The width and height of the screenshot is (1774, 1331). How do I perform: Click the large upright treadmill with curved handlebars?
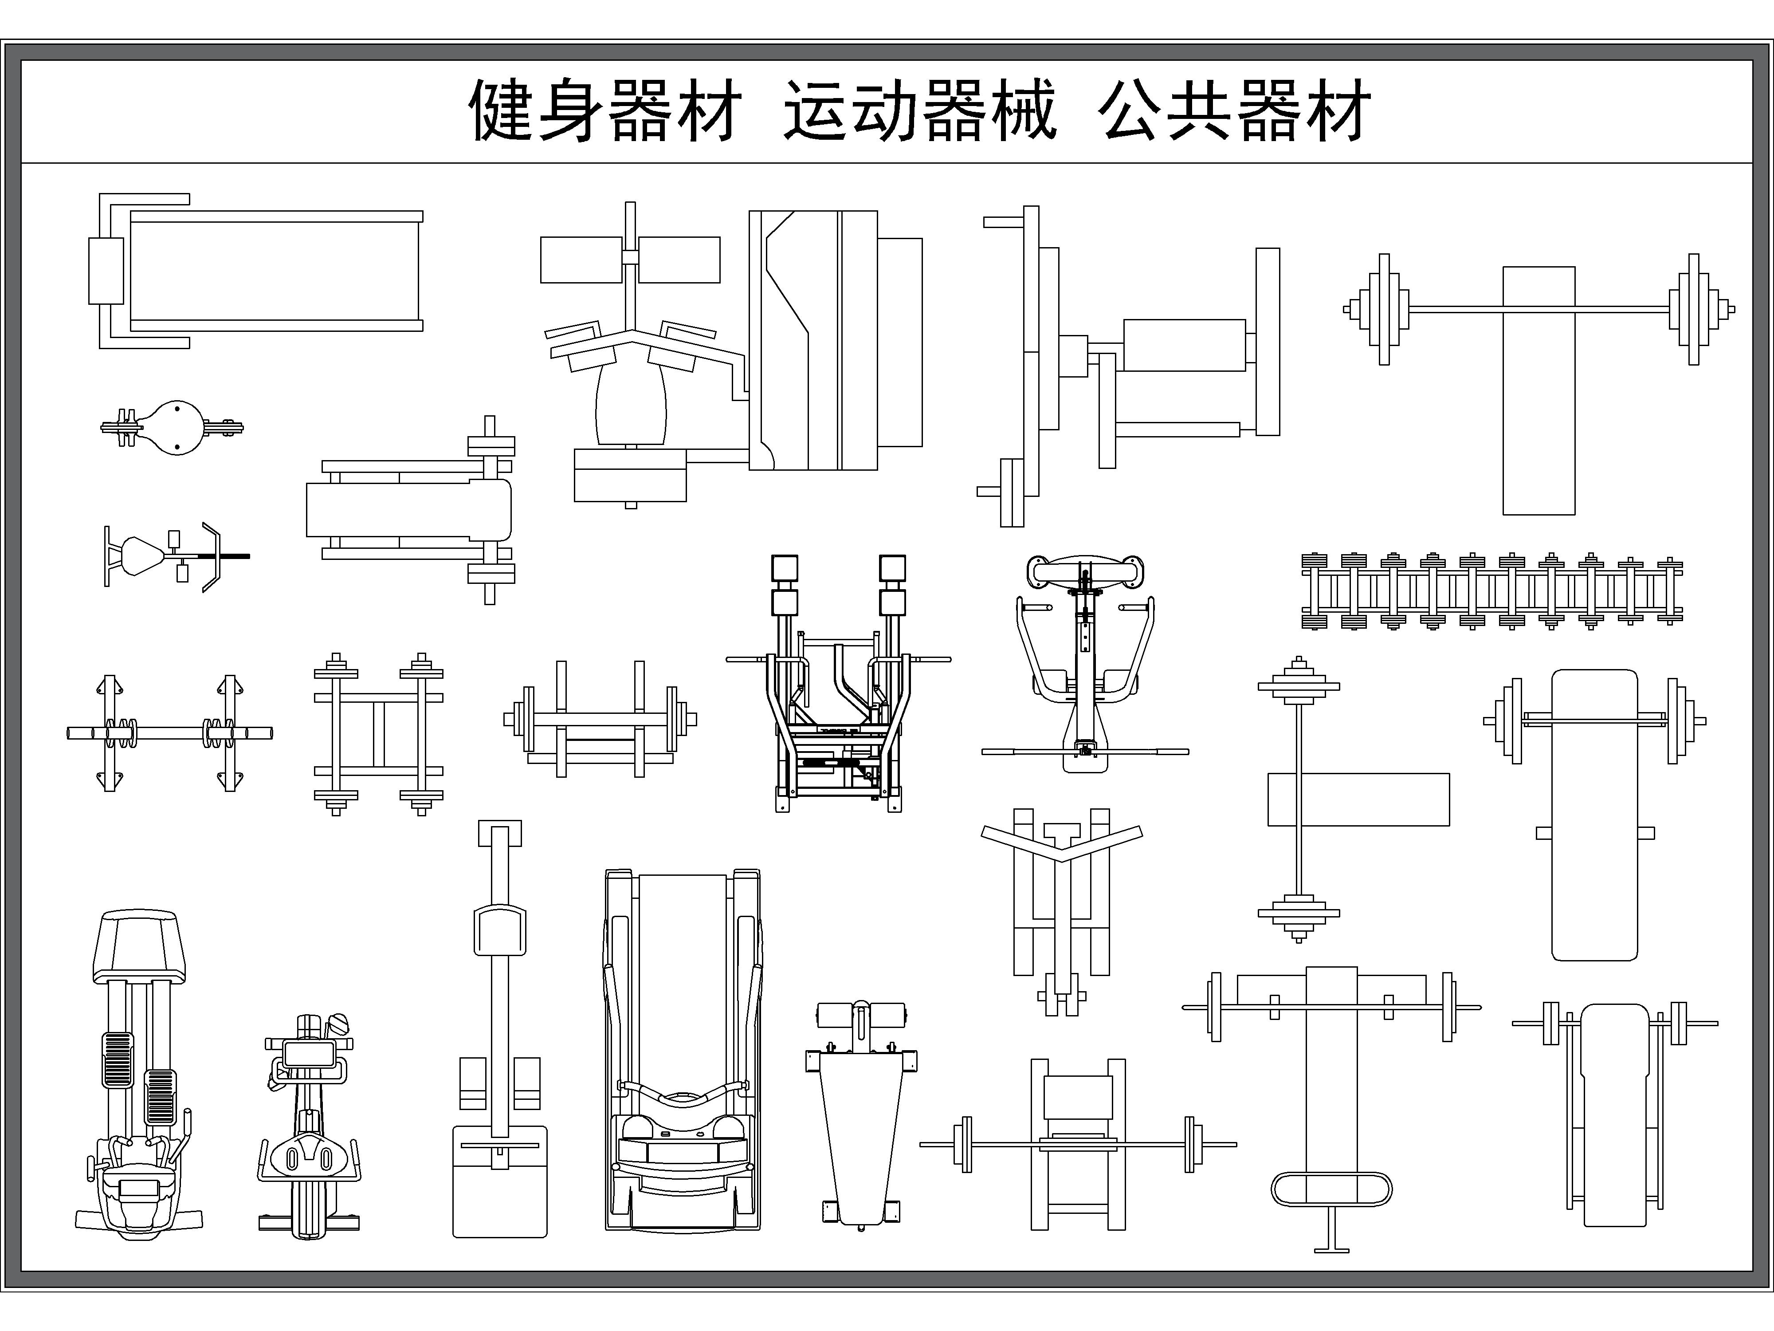pyautogui.click(x=683, y=1051)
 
